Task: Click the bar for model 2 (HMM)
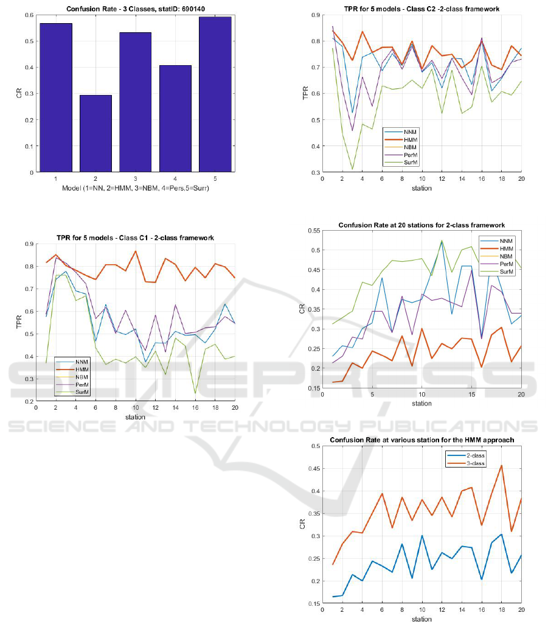point(95,133)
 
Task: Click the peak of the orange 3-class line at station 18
point(501,466)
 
